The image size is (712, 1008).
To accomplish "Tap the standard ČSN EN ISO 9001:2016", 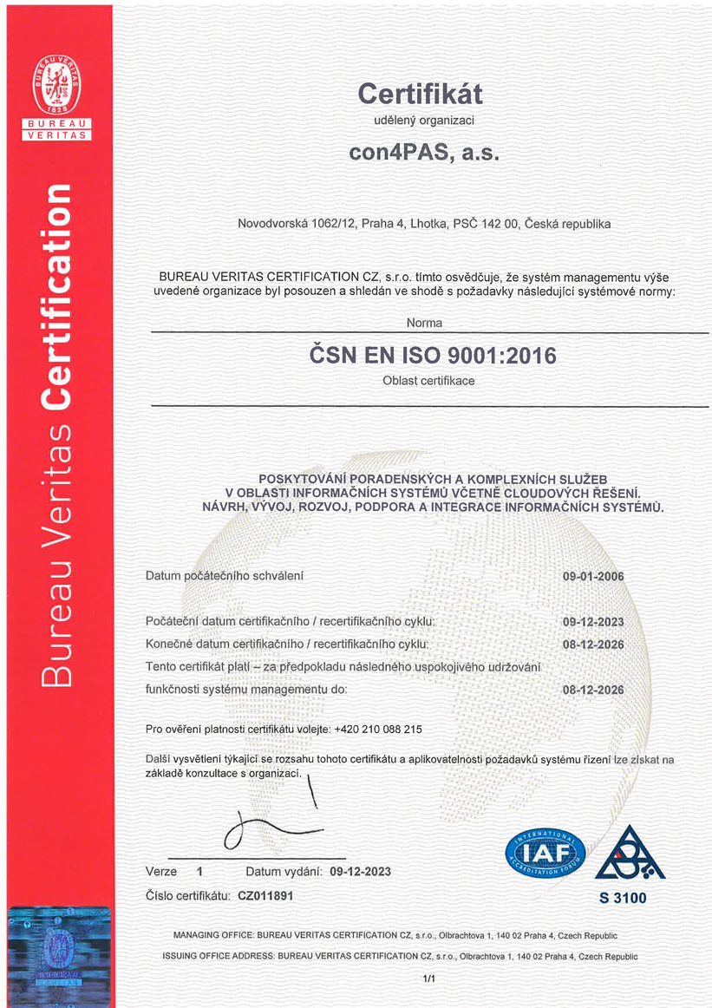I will click(433, 355).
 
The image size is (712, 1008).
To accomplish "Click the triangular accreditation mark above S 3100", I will click(622, 854).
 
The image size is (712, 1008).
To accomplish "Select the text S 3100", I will click(622, 898).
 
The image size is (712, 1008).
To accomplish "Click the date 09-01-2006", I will click(593, 576).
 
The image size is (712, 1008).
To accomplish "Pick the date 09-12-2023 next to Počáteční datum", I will click(593, 622).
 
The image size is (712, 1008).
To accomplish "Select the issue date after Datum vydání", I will click(360, 871).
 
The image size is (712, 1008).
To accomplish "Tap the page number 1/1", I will click(428, 979).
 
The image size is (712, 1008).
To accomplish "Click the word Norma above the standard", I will click(424, 323).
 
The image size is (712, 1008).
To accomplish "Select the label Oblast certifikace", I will click(428, 381).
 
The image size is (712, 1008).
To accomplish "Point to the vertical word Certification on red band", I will click(57, 295).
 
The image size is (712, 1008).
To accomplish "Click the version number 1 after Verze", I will click(199, 871).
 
